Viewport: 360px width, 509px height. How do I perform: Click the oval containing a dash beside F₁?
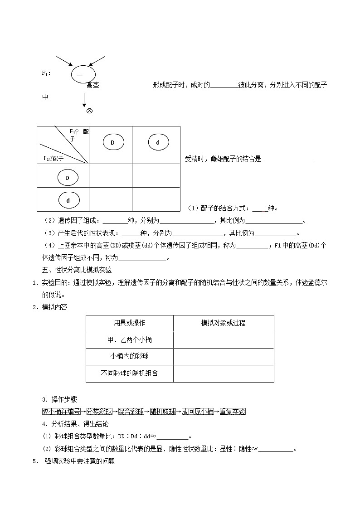[x=83, y=73]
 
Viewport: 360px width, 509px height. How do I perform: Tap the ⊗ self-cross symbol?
[x=89, y=111]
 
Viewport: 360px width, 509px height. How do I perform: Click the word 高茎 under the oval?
[x=92, y=85]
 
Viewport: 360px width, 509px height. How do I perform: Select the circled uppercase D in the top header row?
[x=113, y=143]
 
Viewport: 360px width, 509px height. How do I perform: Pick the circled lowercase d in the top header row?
[x=158, y=143]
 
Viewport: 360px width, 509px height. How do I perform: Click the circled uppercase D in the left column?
[x=68, y=178]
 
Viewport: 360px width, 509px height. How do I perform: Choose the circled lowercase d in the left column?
[x=68, y=200]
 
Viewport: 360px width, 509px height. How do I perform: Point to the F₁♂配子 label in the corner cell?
[x=54, y=158]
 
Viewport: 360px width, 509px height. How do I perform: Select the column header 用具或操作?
[x=129, y=323]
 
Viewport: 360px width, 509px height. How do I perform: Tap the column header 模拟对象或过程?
[x=223, y=323]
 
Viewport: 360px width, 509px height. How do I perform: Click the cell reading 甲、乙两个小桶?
[x=129, y=339]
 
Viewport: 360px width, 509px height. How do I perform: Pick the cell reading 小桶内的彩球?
[x=129, y=356]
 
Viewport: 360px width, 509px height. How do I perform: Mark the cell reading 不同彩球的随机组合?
[x=129, y=373]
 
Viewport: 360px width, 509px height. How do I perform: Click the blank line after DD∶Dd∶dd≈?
[x=172, y=436]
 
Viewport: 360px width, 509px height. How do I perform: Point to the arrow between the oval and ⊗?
[x=84, y=99]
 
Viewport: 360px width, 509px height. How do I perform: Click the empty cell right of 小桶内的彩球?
[x=223, y=356]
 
